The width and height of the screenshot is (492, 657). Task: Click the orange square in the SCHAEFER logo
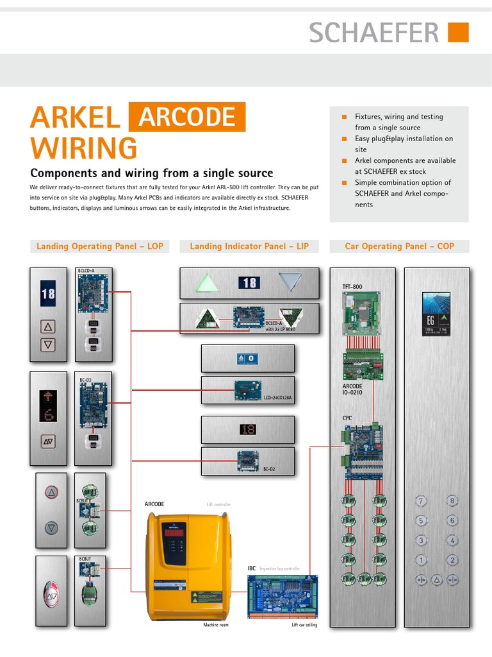click(458, 32)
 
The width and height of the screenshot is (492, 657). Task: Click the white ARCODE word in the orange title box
click(187, 117)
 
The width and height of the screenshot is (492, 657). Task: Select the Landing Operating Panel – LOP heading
click(100, 246)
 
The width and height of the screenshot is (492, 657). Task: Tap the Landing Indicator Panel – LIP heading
click(249, 246)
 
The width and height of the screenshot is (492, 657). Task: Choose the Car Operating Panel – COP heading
click(399, 246)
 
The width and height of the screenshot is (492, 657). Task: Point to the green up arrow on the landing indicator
click(207, 283)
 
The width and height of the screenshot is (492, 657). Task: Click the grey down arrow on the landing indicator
click(290, 283)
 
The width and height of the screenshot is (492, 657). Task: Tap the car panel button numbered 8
click(452, 501)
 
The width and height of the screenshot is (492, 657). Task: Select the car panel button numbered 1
click(421, 560)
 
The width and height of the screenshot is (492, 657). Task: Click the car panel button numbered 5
click(421, 521)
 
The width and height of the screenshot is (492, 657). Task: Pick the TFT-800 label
click(352, 287)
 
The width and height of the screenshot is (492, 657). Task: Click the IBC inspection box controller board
click(283, 597)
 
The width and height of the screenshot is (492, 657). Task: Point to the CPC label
click(347, 418)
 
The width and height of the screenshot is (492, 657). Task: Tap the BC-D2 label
click(269, 470)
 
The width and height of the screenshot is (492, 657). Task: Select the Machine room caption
click(216, 625)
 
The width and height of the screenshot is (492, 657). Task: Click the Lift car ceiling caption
click(304, 625)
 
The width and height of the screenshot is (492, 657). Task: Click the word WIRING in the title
click(84, 148)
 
